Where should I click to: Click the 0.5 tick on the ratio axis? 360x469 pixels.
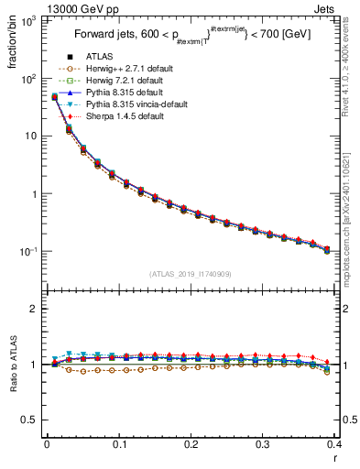pos(34,420)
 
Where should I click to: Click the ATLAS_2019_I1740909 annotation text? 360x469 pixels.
pos(191,274)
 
